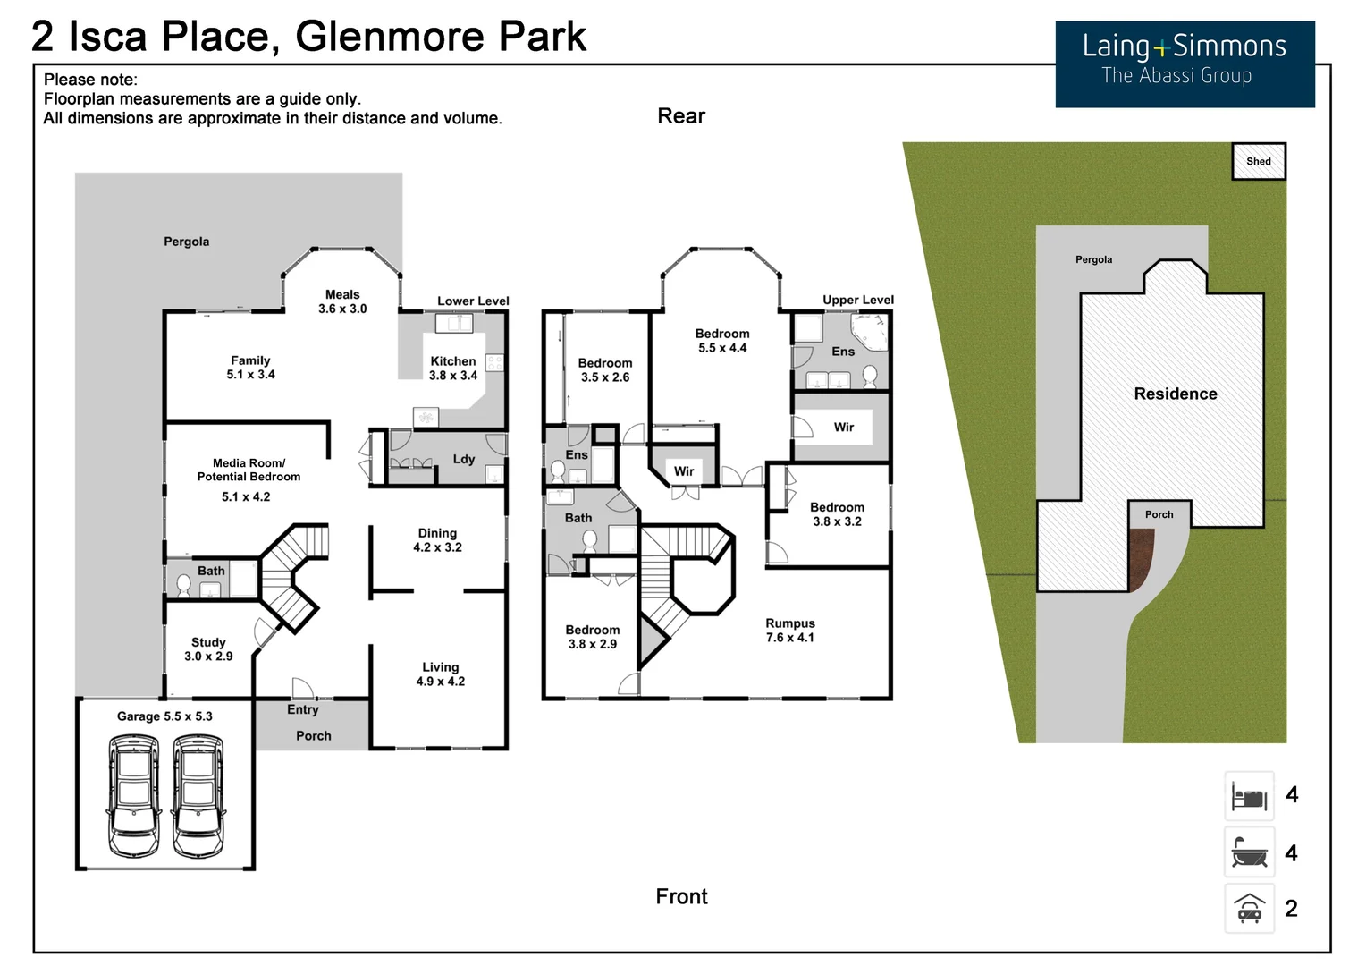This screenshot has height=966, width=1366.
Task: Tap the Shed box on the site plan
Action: coord(1258,162)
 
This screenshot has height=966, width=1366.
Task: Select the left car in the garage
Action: coord(134,795)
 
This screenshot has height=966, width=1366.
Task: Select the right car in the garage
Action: coord(198,795)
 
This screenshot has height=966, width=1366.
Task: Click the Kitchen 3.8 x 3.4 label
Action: coord(453,369)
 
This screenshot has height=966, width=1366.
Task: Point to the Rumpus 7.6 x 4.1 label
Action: coord(789,631)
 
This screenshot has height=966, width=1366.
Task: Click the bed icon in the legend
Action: coord(1249,796)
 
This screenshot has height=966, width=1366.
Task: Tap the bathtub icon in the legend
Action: coord(1249,852)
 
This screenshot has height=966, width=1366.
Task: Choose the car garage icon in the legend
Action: coord(1249,909)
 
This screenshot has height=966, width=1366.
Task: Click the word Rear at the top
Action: coord(681,116)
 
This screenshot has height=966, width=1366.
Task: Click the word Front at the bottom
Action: coord(681,896)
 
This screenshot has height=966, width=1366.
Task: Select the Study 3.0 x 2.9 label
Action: coord(208,649)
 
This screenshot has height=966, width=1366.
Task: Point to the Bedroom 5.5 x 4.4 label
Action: coord(722,341)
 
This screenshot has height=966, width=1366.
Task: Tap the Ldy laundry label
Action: coord(463,459)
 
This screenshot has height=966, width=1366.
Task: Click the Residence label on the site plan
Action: coord(1175,394)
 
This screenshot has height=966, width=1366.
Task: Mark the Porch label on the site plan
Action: coord(1159,514)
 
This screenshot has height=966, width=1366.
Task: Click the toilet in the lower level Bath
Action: coord(183,586)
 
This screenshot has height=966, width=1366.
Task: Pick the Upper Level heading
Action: coord(857,300)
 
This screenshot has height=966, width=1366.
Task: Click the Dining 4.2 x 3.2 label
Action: coord(437,540)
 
